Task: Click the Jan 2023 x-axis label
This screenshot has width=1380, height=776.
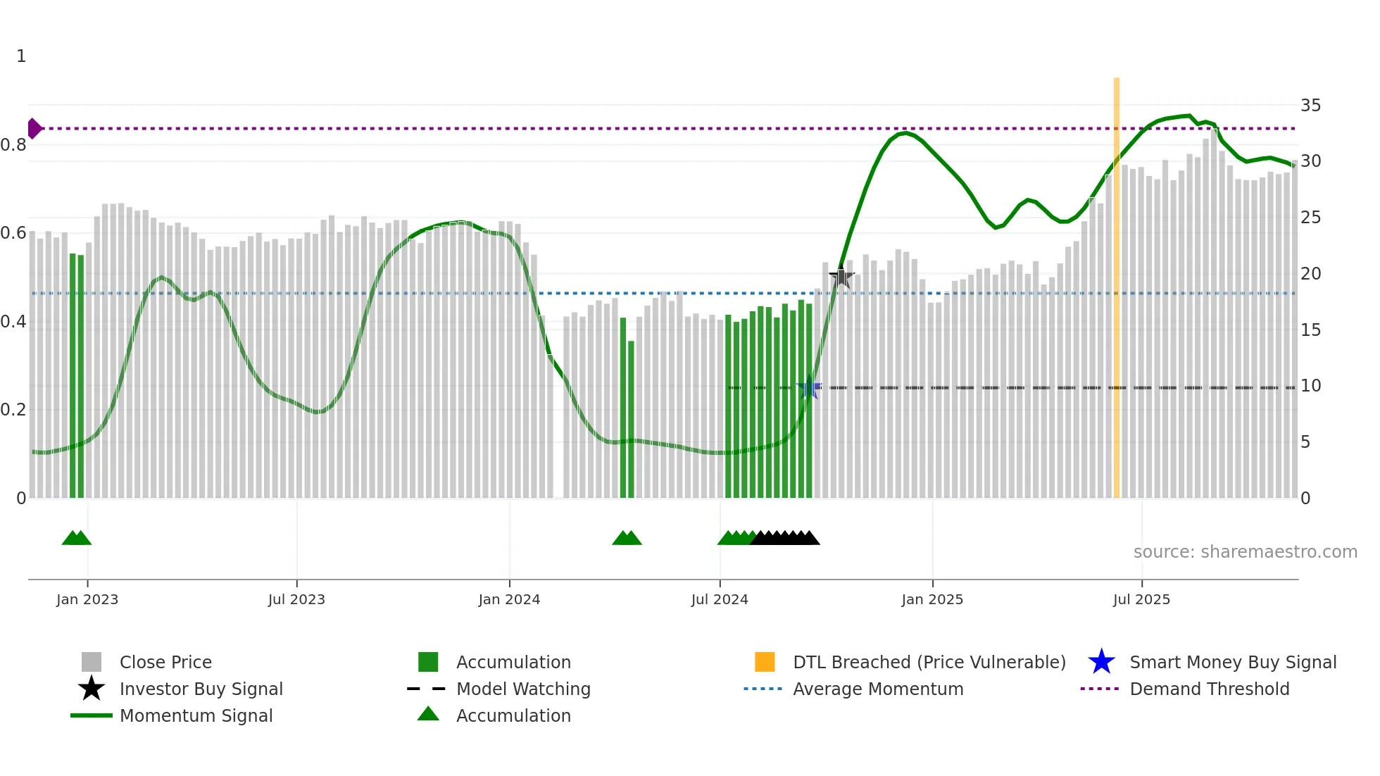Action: pyautogui.click(x=87, y=599)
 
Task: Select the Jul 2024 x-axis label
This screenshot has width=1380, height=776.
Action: pyautogui.click(x=720, y=599)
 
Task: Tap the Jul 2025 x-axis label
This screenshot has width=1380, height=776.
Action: pyautogui.click(x=1141, y=599)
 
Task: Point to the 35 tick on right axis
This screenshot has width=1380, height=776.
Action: pyautogui.click(x=1310, y=106)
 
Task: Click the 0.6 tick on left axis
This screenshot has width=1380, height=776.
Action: pyautogui.click(x=13, y=233)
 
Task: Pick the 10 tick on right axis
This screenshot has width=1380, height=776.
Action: pyautogui.click(x=1310, y=386)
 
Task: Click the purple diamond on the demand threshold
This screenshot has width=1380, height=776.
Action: pyautogui.click(x=34, y=128)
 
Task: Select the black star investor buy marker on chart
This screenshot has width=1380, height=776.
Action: pyautogui.click(x=841, y=277)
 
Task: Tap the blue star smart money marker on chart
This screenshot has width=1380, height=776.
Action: pyautogui.click(x=809, y=388)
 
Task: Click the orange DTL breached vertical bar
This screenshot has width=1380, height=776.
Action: pyautogui.click(x=1116, y=282)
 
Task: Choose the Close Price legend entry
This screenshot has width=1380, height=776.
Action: pyautogui.click(x=165, y=662)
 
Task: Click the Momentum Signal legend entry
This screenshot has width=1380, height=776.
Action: pyautogui.click(x=196, y=715)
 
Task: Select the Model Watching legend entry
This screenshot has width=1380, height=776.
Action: pyautogui.click(x=523, y=689)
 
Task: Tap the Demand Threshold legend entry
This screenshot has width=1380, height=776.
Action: pyautogui.click(x=1209, y=689)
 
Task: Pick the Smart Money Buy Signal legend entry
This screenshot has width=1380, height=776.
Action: pyautogui.click(x=1233, y=662)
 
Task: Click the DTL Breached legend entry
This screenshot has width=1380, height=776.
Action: pyautogui.click(x=929, y=662)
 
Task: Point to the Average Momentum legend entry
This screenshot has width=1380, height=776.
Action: pyautogui.click(x=878, y=689)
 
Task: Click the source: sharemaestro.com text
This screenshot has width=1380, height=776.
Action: pyautogui.click(x=1245, y=552)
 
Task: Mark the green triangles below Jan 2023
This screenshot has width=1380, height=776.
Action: pyautogui.click(x=77, y=538)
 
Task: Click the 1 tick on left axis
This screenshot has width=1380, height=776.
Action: pyautogui.click(x=21, y=56)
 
